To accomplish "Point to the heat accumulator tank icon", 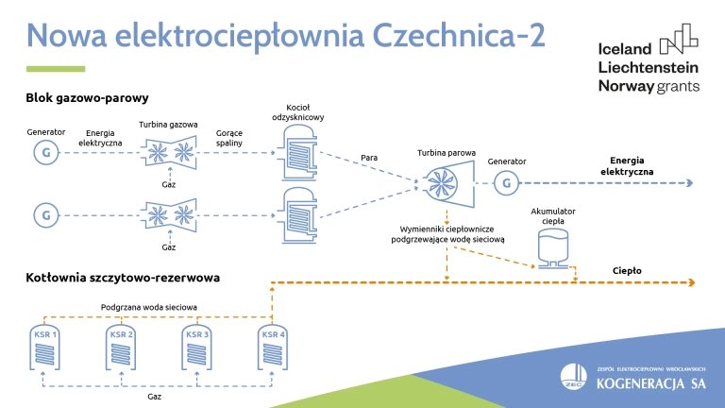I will tap(554, 248).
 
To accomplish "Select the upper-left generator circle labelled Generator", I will tap(44, 151).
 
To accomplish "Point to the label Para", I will tap(370, 157).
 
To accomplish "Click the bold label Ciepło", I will tap(626, 270).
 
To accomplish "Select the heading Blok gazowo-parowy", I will tap(87, 97).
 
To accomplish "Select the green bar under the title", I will tap(55, 68).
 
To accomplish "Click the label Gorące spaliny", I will tap(229, 139).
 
